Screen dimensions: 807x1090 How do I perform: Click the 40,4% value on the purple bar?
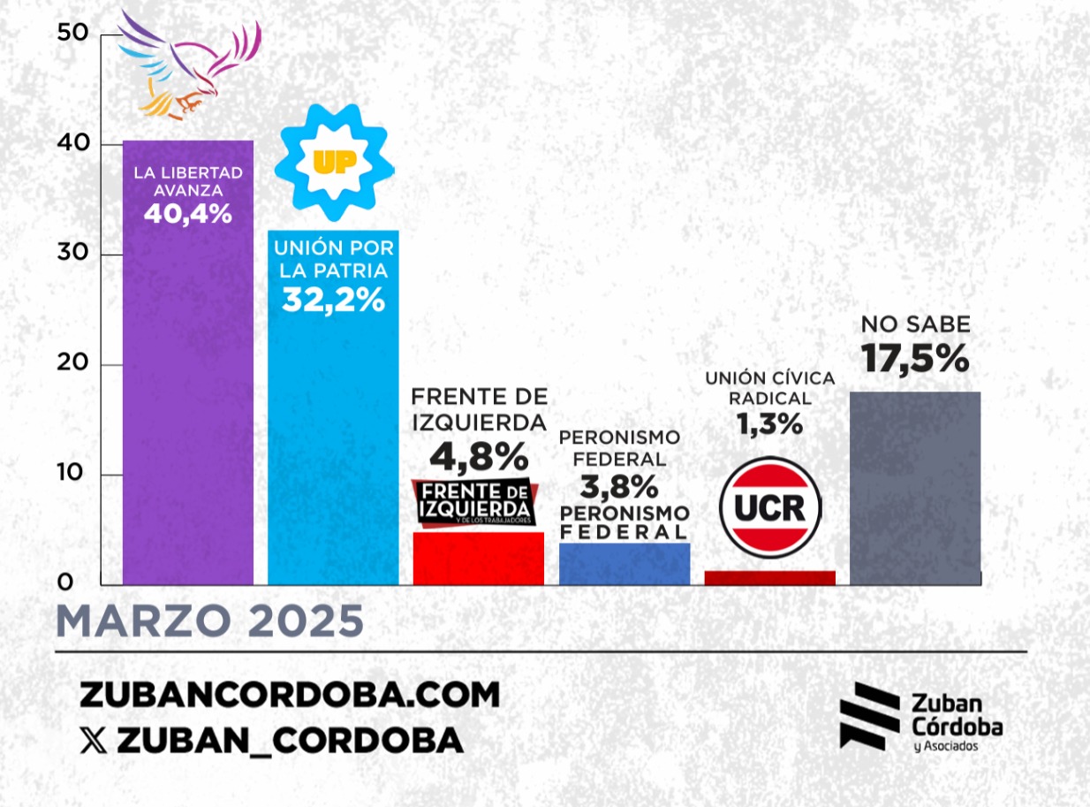(187, 213)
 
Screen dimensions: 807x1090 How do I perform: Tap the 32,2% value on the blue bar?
(333, 301)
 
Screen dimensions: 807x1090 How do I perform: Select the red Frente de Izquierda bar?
(479, 558)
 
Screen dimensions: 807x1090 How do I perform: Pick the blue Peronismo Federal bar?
(624, 563)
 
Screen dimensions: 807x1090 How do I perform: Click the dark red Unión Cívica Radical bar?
(770, 577)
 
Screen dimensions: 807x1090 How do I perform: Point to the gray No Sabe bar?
(915, 488)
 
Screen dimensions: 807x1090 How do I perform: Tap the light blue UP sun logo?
(333, 162)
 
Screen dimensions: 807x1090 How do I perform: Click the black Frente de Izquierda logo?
(474, 502)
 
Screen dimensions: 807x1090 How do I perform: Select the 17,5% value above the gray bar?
(915, 359)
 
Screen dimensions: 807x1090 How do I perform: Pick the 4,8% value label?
(479, 456)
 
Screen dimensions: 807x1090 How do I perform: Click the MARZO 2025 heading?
(210, 622)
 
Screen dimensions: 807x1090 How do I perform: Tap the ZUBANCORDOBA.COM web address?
(290, 695)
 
